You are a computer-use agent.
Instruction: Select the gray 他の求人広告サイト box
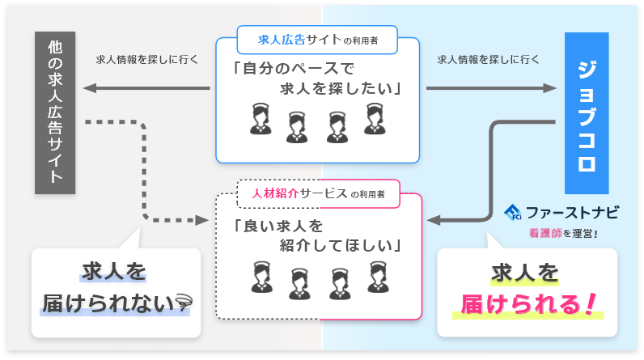tap(56, 113)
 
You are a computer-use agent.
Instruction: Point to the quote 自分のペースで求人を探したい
tap(317, 77)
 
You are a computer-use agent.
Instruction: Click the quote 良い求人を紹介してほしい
tap(317, 234)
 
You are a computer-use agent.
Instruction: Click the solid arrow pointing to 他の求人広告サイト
tap(146, 87)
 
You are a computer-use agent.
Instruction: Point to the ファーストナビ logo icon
tap(512, 213)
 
